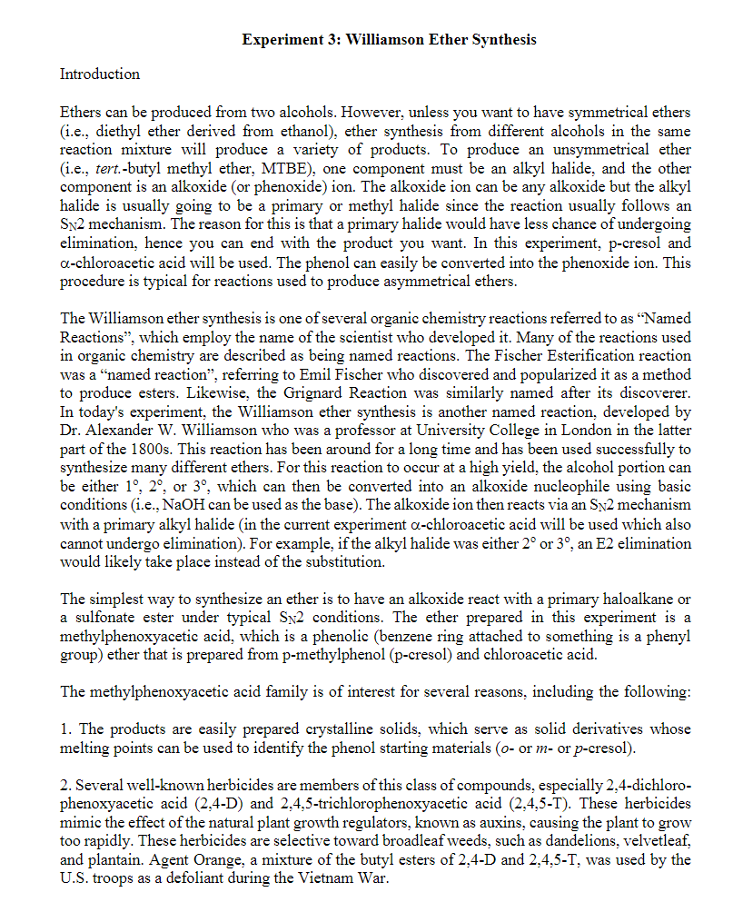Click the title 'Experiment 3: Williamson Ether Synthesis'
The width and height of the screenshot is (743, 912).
tap(390, 40)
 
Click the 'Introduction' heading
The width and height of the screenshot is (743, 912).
tap(100, 74)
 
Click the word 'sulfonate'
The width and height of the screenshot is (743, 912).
tap(100, 617)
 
